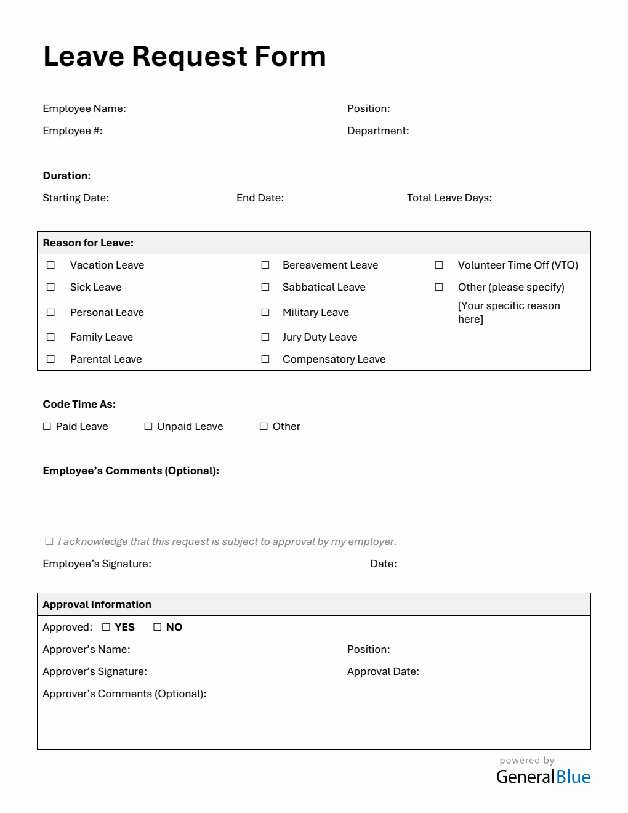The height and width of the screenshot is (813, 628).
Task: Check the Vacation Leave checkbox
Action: tap(50, 265)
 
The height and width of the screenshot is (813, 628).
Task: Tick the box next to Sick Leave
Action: tap(50, 287)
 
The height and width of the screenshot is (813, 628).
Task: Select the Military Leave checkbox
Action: tap(265, 312)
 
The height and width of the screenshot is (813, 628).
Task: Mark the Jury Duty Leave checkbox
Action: tap(265, 337)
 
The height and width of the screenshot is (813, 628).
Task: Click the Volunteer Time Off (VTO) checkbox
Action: tap(439, 265)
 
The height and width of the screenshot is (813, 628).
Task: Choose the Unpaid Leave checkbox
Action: tap(148, 426)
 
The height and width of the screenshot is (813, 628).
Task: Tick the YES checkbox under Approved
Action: tap(107, 627)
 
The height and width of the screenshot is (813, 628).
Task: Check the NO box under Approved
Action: tap(158, 627)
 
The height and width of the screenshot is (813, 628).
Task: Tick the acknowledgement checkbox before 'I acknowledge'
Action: tap(49, 541)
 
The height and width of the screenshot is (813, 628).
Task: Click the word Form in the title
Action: tap(290, 57)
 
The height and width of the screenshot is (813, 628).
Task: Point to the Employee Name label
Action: tap(84, 108)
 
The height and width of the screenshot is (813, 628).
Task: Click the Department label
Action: tap(378, 131)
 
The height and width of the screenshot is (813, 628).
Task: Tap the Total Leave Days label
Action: tap(449, 198)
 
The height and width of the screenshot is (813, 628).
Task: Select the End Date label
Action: tap(260, 198)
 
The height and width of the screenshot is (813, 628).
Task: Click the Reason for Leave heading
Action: tap(88, 243)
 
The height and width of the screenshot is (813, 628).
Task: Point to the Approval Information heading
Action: tap(97, 604)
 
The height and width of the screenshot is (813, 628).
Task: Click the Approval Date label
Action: tap(383, 671)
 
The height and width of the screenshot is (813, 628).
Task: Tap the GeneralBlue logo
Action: tap(543, 777)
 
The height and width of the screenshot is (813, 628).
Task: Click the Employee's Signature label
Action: tap(97, 564)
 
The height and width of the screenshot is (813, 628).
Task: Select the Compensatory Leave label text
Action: tap(334, 359)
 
